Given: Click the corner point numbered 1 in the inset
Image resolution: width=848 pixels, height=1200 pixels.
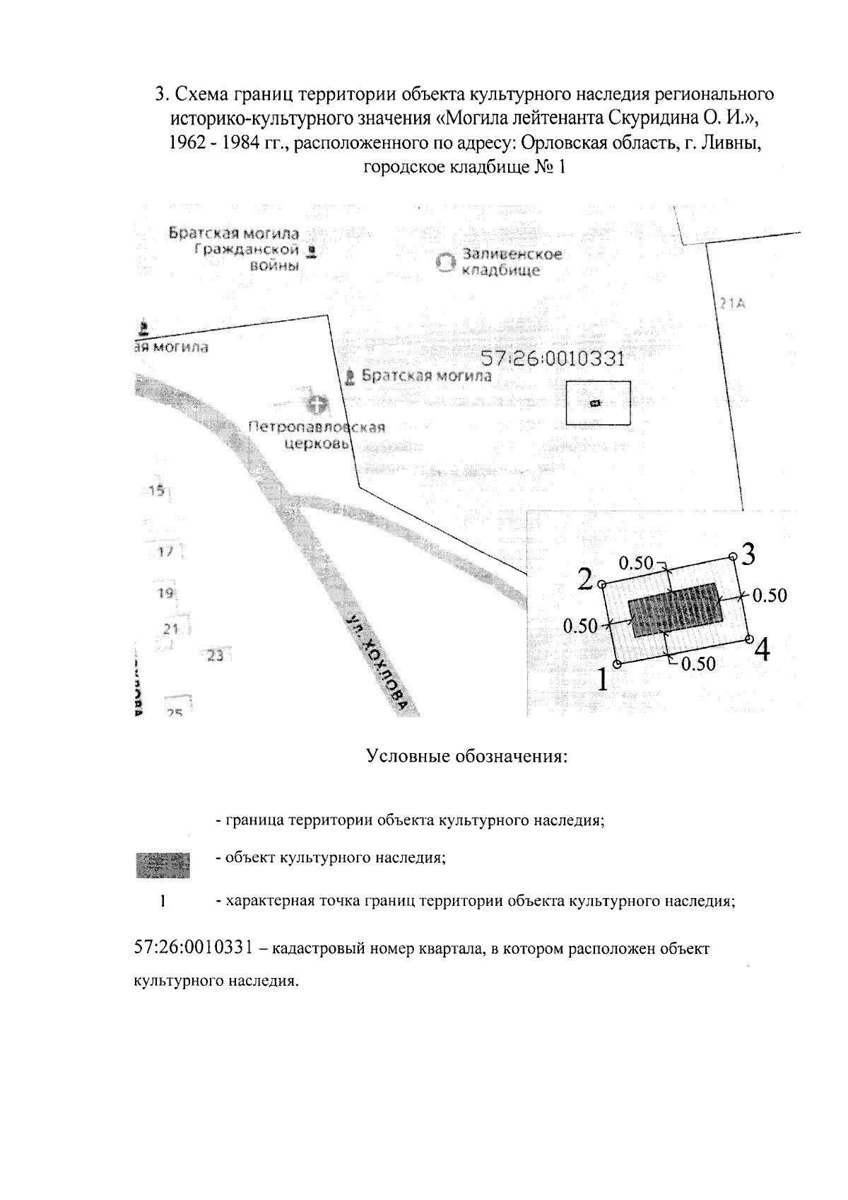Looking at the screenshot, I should [x=618, y=664].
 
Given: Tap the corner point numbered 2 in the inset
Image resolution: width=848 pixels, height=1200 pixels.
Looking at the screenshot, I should [x=602, y=584].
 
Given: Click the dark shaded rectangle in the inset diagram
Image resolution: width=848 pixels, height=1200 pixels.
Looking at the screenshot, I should [x=676, y=610].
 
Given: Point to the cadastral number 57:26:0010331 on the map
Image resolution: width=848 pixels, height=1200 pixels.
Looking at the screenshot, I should [x=553, y=359].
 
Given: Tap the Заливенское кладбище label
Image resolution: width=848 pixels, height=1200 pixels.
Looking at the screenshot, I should [x=511, y=262].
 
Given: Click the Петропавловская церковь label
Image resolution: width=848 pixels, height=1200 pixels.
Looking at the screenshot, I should [x=317, y=435].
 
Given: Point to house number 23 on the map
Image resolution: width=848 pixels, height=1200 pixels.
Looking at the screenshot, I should [x=215, y=656].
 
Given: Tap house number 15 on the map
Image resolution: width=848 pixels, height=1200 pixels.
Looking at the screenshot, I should [x=157, y=491].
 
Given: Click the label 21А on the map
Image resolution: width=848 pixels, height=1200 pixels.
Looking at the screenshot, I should [x=733, y=303].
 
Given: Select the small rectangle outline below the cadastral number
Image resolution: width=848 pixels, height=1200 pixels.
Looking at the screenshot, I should [x=597, y=403].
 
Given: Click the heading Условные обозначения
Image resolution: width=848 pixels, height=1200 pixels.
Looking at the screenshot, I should [x=468, y=757].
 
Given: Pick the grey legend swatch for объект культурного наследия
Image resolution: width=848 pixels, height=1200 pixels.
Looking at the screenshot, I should [x=163, y=864].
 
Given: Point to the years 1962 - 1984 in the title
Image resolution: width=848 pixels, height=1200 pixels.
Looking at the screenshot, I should [x=211, y=143].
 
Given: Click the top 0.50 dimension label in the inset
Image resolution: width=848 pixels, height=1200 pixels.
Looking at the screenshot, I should [x=635, y=563].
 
